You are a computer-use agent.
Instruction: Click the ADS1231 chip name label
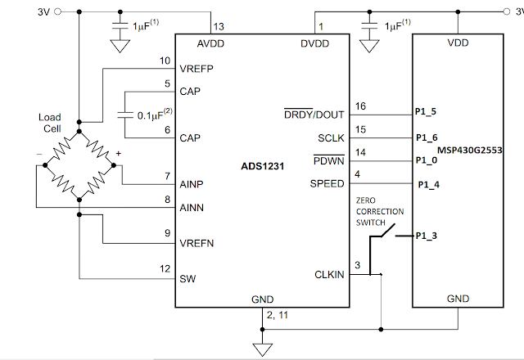262,166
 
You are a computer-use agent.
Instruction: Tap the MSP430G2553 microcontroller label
469,151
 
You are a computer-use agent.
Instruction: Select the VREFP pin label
196,69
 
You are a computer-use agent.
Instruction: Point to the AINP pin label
192,184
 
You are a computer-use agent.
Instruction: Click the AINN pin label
192,208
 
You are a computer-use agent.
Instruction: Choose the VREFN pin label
196,243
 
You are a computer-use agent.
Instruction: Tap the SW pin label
187,279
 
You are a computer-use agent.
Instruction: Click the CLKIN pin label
329,275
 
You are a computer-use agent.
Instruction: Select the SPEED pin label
327,183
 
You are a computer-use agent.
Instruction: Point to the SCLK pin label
331,138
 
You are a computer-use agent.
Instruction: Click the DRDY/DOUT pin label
314,115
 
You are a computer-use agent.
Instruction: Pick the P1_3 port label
426,236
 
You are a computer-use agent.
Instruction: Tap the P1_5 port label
426,111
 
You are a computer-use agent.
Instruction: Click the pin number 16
360,106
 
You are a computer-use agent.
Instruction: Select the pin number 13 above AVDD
219,27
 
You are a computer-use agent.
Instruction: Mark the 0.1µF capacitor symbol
125,115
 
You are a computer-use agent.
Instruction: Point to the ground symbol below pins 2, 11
262,349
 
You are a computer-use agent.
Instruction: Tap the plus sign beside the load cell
118,153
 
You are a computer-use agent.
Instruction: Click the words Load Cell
50,123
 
